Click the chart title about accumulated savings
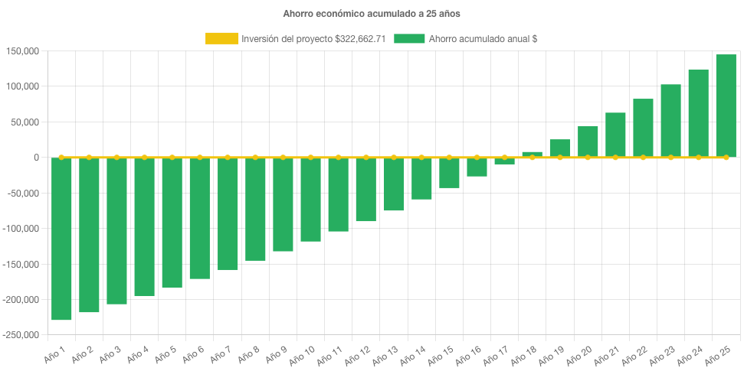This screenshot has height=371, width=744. [x=372, y=14]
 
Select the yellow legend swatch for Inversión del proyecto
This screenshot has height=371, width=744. [x=221, y=39]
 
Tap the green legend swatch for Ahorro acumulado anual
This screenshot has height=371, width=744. [x=409, y=39]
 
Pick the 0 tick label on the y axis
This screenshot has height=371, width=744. [x=35, y=158]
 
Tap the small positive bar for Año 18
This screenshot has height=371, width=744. [x=532, y=155]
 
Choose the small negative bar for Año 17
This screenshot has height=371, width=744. [x=504, y=161]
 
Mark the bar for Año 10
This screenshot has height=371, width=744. [x=310, y=200]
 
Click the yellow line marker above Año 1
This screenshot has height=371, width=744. [x=61, y=158]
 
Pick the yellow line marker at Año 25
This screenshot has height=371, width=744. [x=726, y=158]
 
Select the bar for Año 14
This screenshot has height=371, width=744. [x=421, y=178]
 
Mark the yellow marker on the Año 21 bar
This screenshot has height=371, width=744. [x=615, y=158]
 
